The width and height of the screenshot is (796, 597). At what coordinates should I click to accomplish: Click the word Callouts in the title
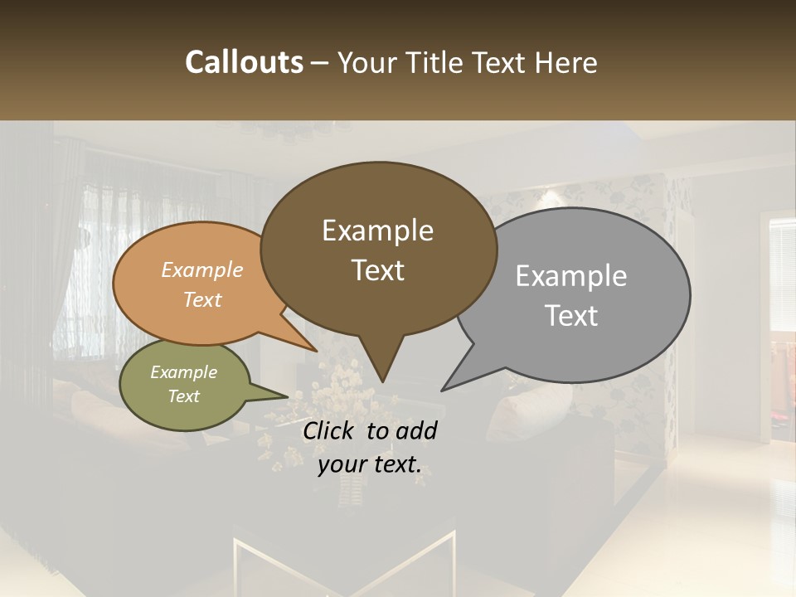[244, 62]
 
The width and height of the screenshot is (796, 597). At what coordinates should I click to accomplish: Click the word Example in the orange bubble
[202, 269]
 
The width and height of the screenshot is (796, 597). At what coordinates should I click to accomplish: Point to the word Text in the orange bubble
[202, 299]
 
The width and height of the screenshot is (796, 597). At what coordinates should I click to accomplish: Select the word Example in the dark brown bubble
[377, 231]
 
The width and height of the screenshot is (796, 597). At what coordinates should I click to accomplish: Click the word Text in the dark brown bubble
[377, 270]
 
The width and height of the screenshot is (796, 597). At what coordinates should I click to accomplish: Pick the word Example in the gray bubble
[571, 276]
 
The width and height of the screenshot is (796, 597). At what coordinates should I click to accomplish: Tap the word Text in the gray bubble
[571, 315]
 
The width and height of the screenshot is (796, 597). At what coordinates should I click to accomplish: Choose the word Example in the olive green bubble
[183, 372]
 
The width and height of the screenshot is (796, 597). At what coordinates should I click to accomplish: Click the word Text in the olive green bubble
[183, 396]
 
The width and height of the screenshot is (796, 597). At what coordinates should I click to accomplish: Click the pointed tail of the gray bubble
[448, 386]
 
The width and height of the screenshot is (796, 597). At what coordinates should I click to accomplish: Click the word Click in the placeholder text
[331, 430]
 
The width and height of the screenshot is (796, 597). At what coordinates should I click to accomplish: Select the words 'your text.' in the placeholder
[370, 464]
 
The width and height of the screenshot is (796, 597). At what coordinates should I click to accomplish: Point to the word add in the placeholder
[416, 430]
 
